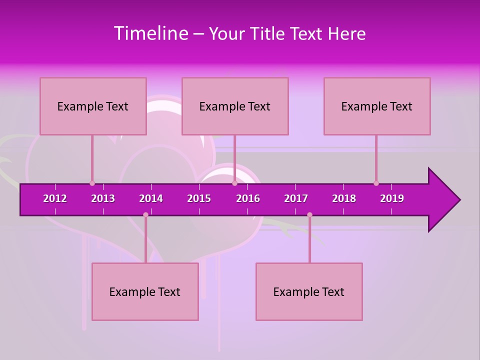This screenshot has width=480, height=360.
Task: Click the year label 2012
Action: [x=55, y=198]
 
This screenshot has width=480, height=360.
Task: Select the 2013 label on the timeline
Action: [x=103, y=198]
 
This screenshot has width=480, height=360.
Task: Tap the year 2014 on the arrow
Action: [x=151, y=198]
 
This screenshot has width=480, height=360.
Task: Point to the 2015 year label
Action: [x=199, y=198]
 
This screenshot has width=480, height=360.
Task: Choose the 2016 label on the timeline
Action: [x=248, y=198]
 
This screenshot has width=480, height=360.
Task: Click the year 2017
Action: [x=296, y=198]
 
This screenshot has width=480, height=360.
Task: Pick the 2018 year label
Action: [x=344, y=198]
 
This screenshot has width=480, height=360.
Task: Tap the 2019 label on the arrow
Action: [x=392, y=198]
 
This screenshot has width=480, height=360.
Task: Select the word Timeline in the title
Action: [x=151, y=33]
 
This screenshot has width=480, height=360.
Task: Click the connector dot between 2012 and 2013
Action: [x=92, y=183]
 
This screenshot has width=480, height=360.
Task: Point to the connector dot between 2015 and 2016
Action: [x=234, y=183]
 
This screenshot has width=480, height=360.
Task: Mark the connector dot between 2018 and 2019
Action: [x=376, y=183]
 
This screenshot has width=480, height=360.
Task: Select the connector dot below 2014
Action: [x=145, y=215]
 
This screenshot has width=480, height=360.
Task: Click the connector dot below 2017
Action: [x=309, y=215]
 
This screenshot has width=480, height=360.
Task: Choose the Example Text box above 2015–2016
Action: [x=235, y=106]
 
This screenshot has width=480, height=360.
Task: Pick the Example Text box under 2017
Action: [x=309, y=291]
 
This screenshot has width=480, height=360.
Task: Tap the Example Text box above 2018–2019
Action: [x=377, y=106]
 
